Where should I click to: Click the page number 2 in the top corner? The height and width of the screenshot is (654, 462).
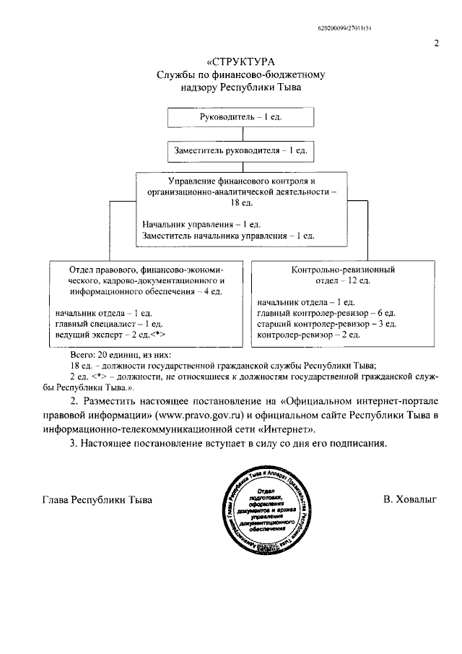click(x=437, y=43)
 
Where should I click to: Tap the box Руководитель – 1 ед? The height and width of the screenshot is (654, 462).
click(x=240, y=117)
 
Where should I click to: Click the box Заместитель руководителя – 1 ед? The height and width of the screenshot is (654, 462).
click(x=240, y=151)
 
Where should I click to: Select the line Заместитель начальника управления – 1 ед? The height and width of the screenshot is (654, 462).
click(x=228, y=236)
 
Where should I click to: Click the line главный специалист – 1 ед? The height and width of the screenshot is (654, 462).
click(x=108, y=324)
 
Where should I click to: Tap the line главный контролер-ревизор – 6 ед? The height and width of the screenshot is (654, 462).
click(x=326, y=313)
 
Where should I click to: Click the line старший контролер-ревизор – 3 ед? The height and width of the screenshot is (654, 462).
click(x=326, y=324)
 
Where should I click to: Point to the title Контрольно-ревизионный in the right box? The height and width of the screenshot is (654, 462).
click(x=343, y=269)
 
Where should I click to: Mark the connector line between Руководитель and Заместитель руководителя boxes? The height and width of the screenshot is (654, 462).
click(x=240, y=134)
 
